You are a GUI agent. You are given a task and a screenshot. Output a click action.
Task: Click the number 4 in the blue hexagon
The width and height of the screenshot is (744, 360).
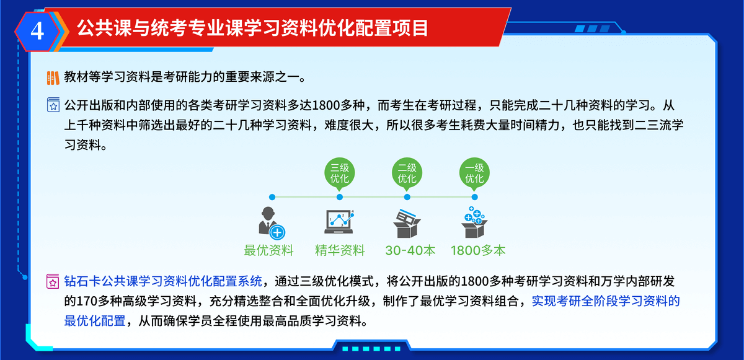(37, 32)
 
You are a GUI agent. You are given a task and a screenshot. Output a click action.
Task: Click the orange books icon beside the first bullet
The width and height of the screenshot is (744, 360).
(53, 78)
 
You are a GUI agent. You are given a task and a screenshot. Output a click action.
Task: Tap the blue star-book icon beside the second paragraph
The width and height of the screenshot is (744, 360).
(53, 105)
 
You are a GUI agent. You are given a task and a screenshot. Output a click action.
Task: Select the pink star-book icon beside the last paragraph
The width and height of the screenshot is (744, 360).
(53, 281)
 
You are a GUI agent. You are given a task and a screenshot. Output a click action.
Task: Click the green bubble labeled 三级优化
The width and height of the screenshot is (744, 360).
(340, 174)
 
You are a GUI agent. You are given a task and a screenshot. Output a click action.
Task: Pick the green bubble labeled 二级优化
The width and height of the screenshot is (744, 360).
(407, 174)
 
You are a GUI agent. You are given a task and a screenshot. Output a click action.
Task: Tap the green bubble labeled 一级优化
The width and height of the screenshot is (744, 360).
(474, 174)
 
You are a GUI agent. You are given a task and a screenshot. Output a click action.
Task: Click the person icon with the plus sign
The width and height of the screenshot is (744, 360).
(272, 222)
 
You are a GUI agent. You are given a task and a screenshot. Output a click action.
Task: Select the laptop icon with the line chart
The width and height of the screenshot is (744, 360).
(339, 222)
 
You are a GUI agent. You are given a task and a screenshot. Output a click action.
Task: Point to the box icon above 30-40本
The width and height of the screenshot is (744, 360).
(407, 223)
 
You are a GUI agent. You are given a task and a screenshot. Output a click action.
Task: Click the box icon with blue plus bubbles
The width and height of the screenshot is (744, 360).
(474, 222)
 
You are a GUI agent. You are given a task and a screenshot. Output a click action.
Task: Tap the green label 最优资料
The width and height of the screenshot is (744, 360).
(268, 250)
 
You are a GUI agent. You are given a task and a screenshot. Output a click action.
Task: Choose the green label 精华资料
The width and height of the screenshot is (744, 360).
(340, 250)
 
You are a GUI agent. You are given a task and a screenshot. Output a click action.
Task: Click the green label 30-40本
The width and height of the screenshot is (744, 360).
(410, 250)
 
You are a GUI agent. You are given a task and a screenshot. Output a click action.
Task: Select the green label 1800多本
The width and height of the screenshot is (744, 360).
(478, 250)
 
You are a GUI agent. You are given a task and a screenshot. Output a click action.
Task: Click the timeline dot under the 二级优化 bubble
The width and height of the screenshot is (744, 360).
(407, 197)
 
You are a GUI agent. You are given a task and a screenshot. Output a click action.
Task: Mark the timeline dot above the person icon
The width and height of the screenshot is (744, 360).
(272, 197)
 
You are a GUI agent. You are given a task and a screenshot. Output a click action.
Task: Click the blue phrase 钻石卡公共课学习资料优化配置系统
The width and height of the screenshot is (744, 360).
(163, 281)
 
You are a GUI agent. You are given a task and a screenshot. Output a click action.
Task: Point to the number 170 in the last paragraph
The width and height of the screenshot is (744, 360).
(87, 301)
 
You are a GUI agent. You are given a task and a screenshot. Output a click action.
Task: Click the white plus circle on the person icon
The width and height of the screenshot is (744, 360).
(277, 232)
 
